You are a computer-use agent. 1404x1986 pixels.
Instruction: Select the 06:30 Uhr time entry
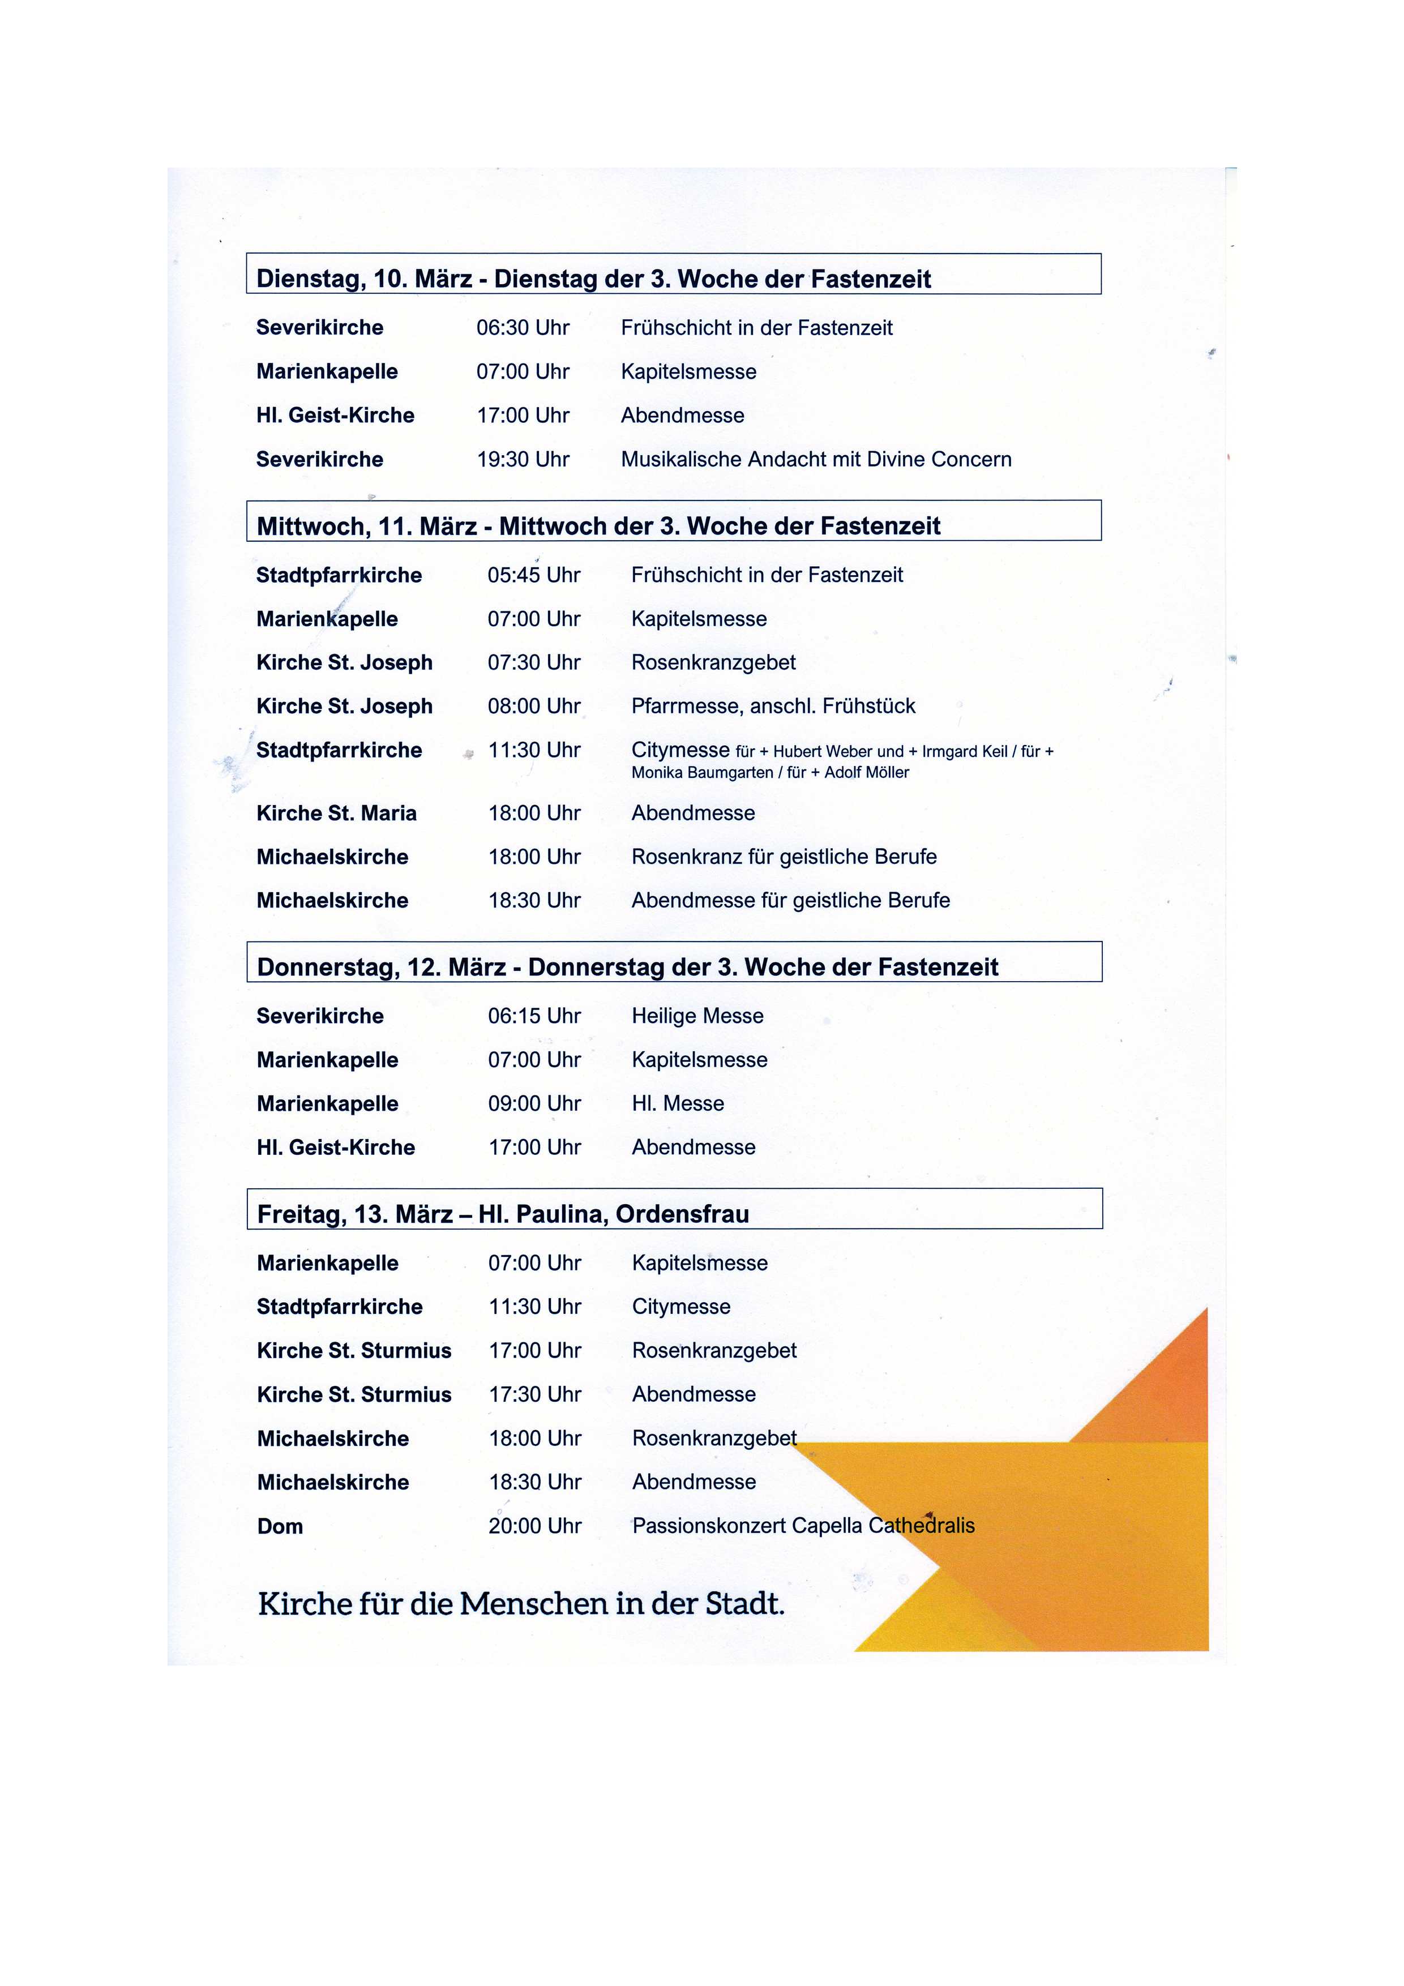click(523, 328)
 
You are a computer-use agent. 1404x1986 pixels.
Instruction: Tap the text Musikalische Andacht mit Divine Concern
click(816, 459)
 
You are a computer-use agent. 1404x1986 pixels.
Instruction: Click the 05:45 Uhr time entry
click(534, 575)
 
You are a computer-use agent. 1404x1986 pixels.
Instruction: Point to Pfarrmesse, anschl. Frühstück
click(773, 706)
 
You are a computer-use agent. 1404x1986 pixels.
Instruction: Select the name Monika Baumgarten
click(701, 772)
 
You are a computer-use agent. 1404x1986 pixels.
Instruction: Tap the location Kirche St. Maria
click(336, 813)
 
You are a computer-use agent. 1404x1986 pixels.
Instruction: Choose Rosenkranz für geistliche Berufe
click(784, 857)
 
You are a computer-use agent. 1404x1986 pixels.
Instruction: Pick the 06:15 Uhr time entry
click(534, 1016)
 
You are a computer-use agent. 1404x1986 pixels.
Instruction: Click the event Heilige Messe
click(697, 1016)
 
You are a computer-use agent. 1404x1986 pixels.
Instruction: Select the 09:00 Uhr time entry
click(534, 1104)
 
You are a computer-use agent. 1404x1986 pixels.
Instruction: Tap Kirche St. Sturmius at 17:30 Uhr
click(354, 1394)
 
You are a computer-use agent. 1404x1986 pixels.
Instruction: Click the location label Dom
click(280, 1527)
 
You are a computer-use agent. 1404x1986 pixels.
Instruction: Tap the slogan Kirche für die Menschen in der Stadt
click(521, 1604)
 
